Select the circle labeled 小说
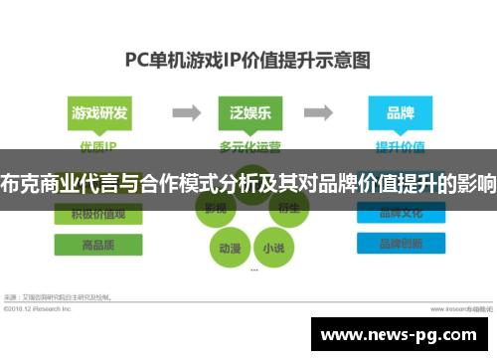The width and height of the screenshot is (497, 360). click(270, 245)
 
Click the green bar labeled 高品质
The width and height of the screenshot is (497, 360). click(97, 244)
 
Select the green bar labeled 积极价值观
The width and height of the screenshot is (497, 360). click(97, 213)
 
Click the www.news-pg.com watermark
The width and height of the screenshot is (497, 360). click(403, 335)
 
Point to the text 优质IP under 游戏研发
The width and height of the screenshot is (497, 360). click(97, 145)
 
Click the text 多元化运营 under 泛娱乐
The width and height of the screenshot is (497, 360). click(249, 145)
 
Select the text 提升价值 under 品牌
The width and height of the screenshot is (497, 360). click(401, 145)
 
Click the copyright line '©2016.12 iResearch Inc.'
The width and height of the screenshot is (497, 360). click(39, 308)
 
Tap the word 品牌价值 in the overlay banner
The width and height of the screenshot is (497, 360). click(363, 184)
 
